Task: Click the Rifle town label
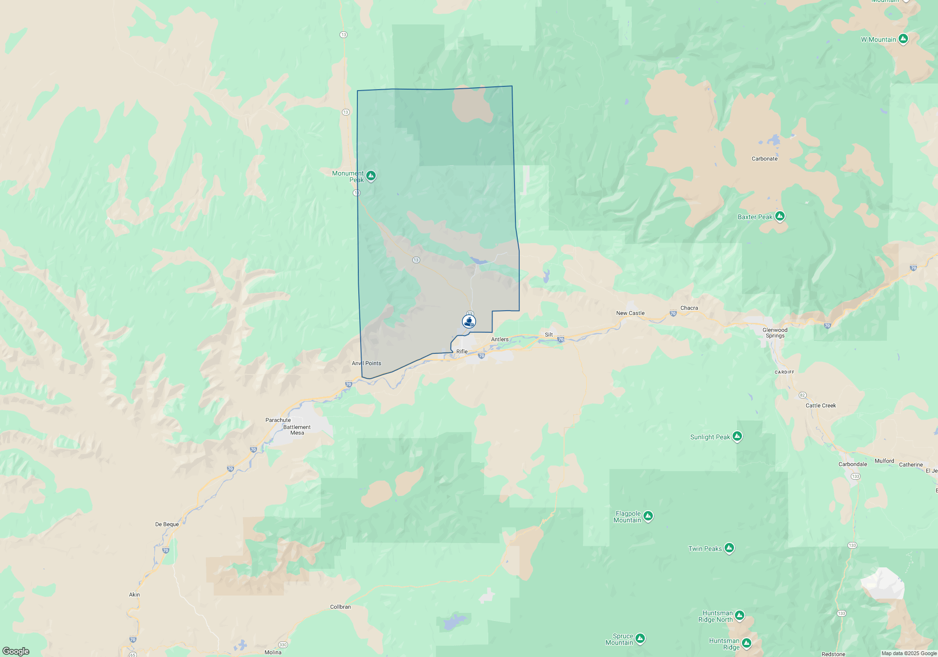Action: point(462,351)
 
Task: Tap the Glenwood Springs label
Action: point(775,333)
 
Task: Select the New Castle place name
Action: point(630,313)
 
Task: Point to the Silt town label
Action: point(549,335)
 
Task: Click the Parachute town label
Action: point(278,420)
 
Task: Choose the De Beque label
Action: point(167,524)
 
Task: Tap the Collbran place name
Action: point(340,607)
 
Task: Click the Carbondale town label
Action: point(853,464)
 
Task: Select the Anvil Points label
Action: point(366,363)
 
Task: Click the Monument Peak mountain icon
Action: point(371,176)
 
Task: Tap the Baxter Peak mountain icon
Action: point(780,216)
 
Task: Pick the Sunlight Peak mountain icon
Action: point(737,436)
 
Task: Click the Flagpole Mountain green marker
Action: point(648,516)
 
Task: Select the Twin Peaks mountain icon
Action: point(729,548)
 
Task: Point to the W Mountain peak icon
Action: point(903,39)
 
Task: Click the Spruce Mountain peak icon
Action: point(640,638)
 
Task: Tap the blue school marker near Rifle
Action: point(469,321)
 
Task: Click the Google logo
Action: point(16,651)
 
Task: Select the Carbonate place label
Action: point(764,159)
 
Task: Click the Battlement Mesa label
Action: point(297,430)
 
